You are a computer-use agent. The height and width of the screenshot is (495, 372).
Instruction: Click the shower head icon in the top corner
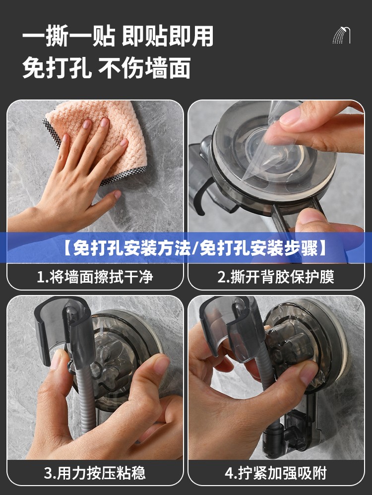(342, 35)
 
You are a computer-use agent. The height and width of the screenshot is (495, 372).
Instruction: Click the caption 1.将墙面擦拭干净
(95, 277)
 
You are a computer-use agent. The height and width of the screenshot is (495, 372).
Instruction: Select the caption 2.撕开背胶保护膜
(276, 277)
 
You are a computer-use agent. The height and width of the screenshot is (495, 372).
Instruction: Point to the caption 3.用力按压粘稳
(95, 473)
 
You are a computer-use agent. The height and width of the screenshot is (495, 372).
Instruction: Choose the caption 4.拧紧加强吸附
(276, 473)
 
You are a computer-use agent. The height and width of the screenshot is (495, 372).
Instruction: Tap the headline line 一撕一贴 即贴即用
(118, 37)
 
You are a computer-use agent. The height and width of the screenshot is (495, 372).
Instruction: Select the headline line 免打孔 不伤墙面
(106, 67)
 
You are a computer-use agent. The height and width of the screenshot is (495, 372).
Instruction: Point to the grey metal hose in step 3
(85, 401)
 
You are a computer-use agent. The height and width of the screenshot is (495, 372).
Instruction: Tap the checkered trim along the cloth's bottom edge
(124, 176)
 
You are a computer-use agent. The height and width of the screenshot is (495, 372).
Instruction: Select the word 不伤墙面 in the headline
(144, 67)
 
